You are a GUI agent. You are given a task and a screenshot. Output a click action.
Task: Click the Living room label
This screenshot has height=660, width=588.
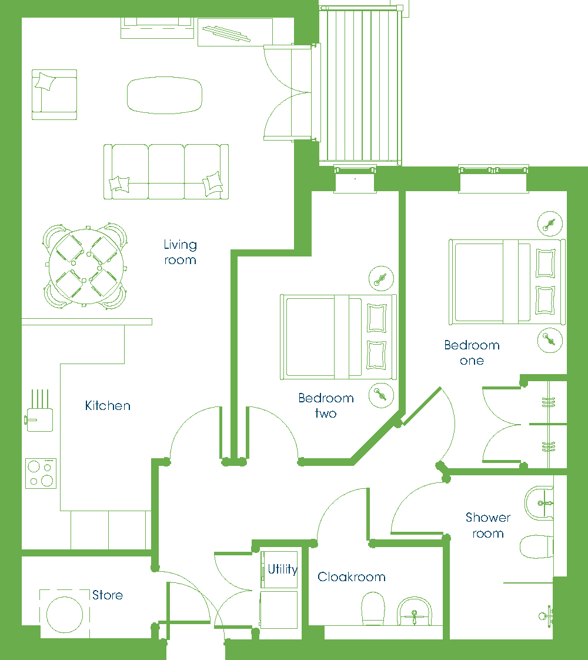[180, 252]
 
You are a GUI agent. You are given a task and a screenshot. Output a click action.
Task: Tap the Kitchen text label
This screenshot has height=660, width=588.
[108, 405]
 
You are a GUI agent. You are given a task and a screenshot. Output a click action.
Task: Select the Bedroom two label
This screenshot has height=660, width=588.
[326, 405]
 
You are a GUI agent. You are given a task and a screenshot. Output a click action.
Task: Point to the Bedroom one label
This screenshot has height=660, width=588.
[472, 353]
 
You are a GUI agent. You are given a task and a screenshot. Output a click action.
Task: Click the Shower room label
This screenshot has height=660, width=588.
[488, 525]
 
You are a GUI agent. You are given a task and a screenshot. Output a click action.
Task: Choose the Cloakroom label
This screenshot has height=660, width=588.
[351, 576]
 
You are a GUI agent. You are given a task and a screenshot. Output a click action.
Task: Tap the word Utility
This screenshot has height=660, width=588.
[283, 569]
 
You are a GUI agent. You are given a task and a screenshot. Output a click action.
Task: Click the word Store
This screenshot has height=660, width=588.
[108, 595]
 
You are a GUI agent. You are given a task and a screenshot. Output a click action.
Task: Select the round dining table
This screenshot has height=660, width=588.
[86, 266]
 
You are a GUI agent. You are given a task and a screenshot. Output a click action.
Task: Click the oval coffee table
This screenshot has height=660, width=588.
[165, 95]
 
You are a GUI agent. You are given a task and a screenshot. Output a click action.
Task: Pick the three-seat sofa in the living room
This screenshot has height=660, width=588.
[166, 171]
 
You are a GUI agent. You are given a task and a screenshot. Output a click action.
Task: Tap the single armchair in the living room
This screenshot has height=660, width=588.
[54, 95]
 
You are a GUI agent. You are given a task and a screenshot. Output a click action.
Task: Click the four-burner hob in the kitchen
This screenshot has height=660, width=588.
[41, 473]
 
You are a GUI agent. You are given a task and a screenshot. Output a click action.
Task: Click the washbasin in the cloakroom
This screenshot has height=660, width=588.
[415, 611]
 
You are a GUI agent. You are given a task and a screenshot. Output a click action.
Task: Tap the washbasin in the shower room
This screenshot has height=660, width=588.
[539, 504]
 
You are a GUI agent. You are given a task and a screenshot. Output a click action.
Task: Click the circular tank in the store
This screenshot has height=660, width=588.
[65, 615]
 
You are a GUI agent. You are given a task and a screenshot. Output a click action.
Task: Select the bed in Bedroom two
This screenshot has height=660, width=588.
[339, 337]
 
